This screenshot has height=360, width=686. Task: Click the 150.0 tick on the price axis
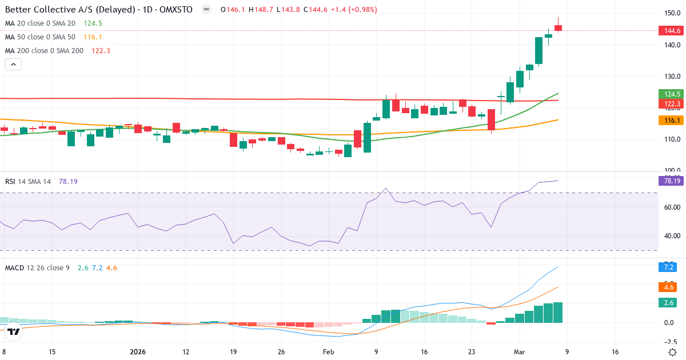(672, 13)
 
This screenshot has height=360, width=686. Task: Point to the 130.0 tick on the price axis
(672, 77)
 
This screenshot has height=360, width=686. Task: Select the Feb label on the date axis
(329, 352)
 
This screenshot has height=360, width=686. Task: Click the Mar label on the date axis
(520, 352)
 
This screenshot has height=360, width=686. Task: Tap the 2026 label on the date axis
(138, 352)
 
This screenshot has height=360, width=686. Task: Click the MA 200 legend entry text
(45, 50)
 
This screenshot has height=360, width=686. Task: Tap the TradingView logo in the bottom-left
(14, 331)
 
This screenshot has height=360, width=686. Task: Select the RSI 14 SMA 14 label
(28, 181)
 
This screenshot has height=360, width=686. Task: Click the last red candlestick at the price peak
(558, 27)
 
